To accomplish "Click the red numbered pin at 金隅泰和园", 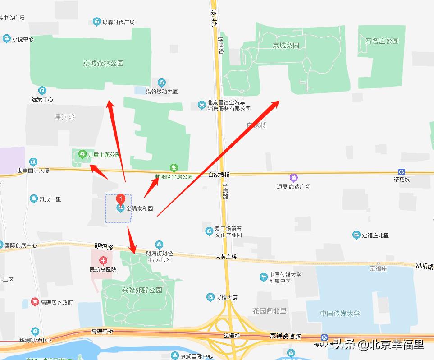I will point(120,198).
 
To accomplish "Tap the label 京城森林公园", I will point(103,64).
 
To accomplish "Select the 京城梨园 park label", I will point(286,46).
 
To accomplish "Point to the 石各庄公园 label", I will point(382,41).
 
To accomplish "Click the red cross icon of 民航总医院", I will point(103,260).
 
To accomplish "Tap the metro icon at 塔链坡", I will point(402,171).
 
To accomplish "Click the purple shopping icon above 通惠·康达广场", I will point(294,178).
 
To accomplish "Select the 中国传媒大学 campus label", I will point(340,314).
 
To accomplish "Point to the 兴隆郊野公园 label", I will point(142,290).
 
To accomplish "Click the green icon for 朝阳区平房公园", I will point(174,168).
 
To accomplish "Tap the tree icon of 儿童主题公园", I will point(82,154).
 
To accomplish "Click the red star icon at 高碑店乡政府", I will point(35,302).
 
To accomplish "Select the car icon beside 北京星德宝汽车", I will point(201,105).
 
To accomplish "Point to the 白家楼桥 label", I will point(219,175).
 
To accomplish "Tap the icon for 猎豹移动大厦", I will point(161,83).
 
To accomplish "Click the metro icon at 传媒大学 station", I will point(324,337).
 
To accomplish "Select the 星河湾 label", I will point(65,117).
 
